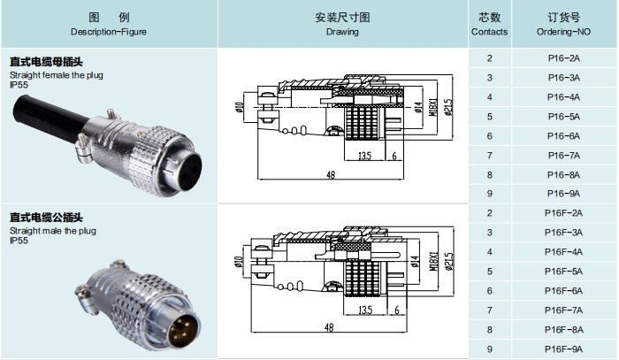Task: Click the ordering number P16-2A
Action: coord(563,58)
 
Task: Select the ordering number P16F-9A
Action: coord(563,348)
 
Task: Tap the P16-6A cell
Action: coord(563,135)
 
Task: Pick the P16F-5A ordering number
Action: coord(563,271)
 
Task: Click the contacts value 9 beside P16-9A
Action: coord(489,194)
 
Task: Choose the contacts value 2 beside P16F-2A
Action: coord(489,213)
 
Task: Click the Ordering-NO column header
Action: coord(563,24)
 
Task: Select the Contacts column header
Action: coord(489,24)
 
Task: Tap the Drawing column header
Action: coord(342,24)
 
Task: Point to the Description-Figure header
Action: coord(109,24)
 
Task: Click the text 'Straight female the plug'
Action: coord(56,76)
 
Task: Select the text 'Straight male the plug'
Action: coord(53,230)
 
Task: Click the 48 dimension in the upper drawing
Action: coord(330,175)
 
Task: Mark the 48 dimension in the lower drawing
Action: coord(330,327)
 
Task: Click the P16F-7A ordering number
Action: coord(563,310)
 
